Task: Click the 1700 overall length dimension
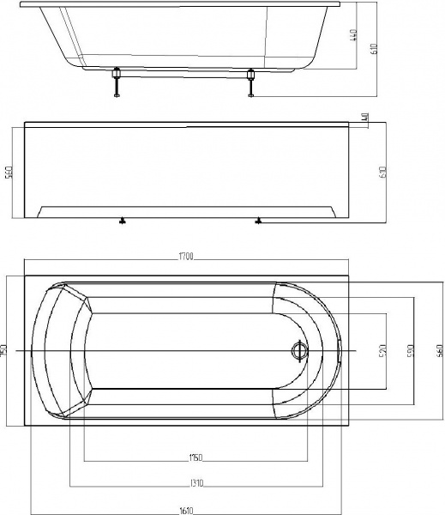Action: coord(189,257)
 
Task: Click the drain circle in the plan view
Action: coord(299,350)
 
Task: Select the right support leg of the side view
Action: coord(251,84)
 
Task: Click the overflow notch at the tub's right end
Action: coord(340,350)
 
